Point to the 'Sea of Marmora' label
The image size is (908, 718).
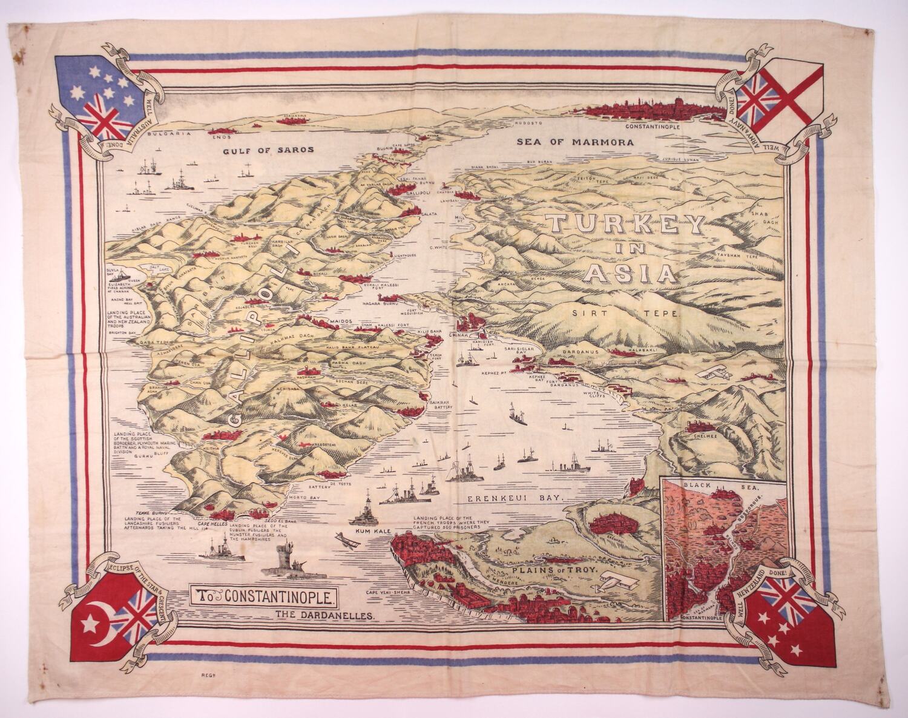point(575,143)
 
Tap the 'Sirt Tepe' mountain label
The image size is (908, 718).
point(627,314)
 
